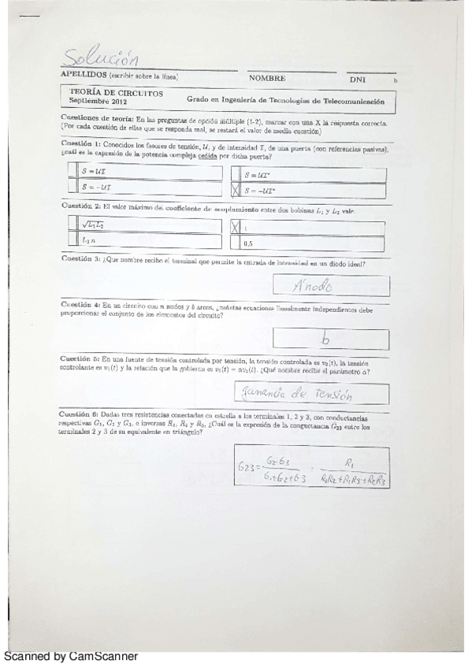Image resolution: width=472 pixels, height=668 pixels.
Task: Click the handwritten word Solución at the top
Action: click(x=103, y=58)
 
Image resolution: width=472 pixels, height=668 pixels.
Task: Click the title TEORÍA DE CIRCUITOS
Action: click(x=116, y=93)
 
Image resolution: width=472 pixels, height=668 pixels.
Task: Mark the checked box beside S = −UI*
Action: click(x=235, y=190)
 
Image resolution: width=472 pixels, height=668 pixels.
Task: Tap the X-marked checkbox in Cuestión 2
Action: click(x=235, y=227)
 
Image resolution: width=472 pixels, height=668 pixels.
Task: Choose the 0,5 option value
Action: click(x=249, y=245)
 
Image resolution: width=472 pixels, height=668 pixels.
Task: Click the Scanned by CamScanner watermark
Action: click(x=71, y=656)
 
